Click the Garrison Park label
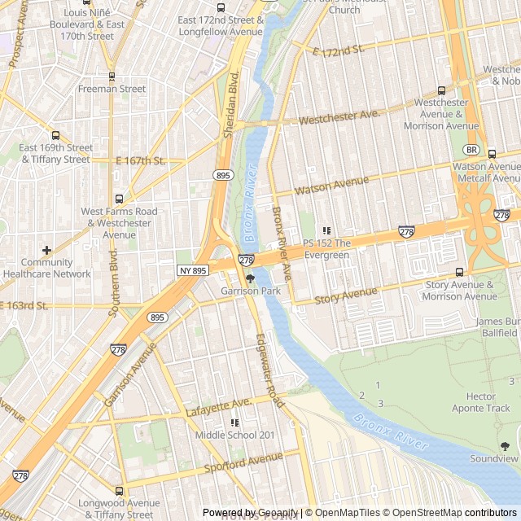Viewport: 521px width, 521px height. pos(249,291)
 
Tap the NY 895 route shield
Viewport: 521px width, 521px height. pos(192,269)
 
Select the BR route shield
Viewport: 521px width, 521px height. pos(471,150)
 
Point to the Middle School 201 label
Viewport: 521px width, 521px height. pos(234,435)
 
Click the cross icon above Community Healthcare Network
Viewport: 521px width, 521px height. pos(46,250)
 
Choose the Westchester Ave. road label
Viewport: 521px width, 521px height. pos(339,118)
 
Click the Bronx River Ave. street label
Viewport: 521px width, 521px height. pos(282,239)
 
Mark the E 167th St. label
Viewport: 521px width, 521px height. pos(140,161)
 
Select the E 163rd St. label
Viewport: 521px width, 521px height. pos(24,306)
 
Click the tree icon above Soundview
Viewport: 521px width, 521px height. pos(505,446)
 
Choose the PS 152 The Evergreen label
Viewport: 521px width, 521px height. pos(326,249)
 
